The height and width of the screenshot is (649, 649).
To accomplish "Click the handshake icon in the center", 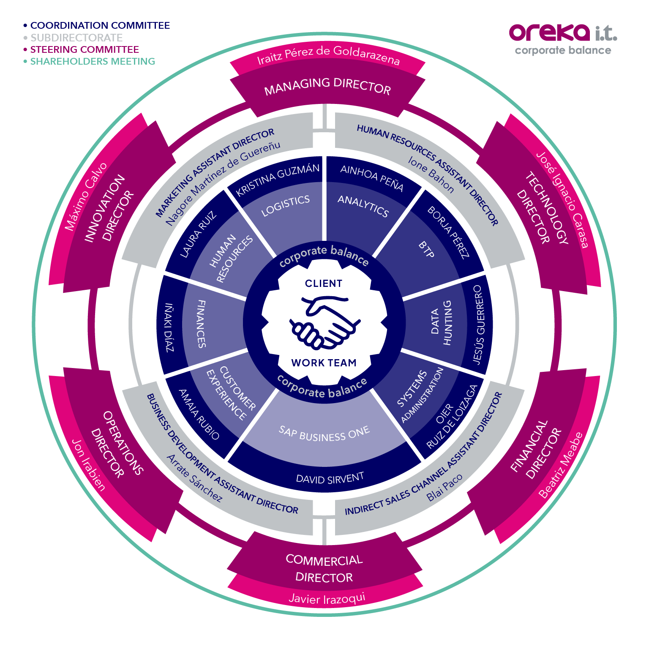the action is (x=324, y=322).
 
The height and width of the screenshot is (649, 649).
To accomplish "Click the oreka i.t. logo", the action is (x=563, y=39).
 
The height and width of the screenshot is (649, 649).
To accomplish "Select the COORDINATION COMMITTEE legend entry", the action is (x=97, y=25).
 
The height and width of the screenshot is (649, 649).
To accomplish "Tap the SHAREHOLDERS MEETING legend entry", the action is (x=89, y=61).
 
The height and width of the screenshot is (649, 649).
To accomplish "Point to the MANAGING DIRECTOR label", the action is (x=327, y=86).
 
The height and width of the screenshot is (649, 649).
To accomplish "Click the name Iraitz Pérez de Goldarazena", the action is (x=328, y=55).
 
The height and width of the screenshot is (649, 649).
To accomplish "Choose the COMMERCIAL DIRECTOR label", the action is (x=324, y=569).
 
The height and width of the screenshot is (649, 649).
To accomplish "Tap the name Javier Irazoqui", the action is (x=327, y=598).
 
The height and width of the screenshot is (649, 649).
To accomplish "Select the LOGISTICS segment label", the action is (x=286, y=206).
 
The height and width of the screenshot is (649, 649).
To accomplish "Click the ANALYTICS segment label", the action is (x=363, y=206).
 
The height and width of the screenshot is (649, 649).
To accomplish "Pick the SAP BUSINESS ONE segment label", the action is (x=324, y=434).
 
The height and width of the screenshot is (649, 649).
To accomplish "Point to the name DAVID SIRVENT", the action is (x=330, y=478).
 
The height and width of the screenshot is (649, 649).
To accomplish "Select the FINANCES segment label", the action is (x=202, y=324).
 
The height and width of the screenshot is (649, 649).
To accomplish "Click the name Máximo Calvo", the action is (x=86, y=196).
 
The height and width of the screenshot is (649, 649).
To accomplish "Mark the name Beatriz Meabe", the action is (x=561, y=465).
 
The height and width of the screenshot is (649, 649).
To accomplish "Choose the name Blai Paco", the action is (x=444, y=487).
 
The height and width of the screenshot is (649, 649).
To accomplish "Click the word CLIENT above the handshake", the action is (x=324, y=284).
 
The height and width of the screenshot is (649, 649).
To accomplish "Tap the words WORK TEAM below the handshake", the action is (x=324, y=363).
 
